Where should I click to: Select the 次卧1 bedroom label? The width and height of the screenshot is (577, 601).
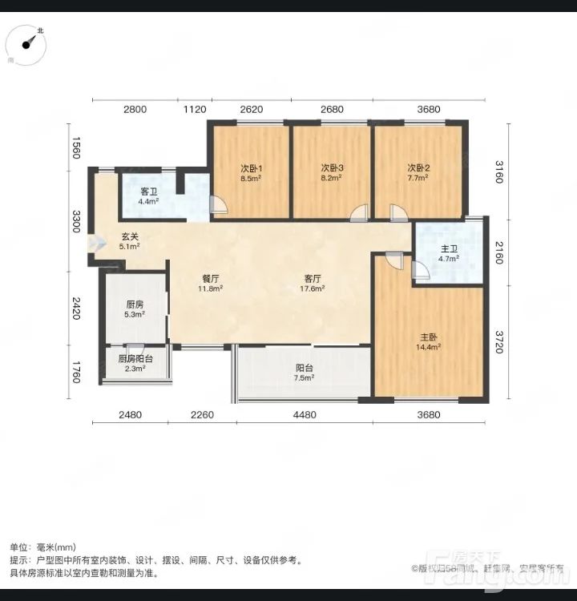click(252, 168)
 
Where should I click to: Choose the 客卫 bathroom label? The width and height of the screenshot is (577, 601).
click(148, 192)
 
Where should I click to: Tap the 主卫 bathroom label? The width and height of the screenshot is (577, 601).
click(449, 248)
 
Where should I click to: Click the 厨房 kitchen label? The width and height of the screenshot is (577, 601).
click(135, 305)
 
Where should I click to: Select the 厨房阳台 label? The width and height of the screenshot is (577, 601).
click(135, 359)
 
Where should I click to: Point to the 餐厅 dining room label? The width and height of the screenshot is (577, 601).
click(212, 279)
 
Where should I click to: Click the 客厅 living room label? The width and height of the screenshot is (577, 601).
click(311, 279)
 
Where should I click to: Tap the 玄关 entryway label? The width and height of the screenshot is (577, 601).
click(130, 236)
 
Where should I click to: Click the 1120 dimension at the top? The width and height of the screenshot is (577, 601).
click(196, 110)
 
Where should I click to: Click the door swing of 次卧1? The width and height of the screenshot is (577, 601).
click(219, 205)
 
